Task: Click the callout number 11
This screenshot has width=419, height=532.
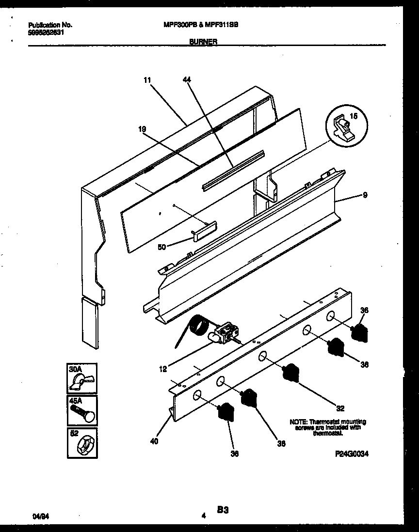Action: tap(147, 81)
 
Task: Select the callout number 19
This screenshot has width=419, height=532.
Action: tap(142, 129)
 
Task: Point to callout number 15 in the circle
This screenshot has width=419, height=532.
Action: tap(353, 117)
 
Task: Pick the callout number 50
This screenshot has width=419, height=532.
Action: tap(161, 247)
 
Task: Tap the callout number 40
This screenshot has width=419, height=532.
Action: tap(154, 441)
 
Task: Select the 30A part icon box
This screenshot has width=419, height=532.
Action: tap(82, 377)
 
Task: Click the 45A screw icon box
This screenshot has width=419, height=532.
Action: tap(82, 410)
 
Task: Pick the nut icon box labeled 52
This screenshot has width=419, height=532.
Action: tap(82, 442)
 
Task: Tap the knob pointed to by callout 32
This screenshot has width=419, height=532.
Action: tap(290, 372)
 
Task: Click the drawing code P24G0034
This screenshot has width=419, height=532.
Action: tap(352, 454)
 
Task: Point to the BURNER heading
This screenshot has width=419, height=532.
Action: tap(204, 42)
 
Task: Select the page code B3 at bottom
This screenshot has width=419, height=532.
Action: tap(223, 510)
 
